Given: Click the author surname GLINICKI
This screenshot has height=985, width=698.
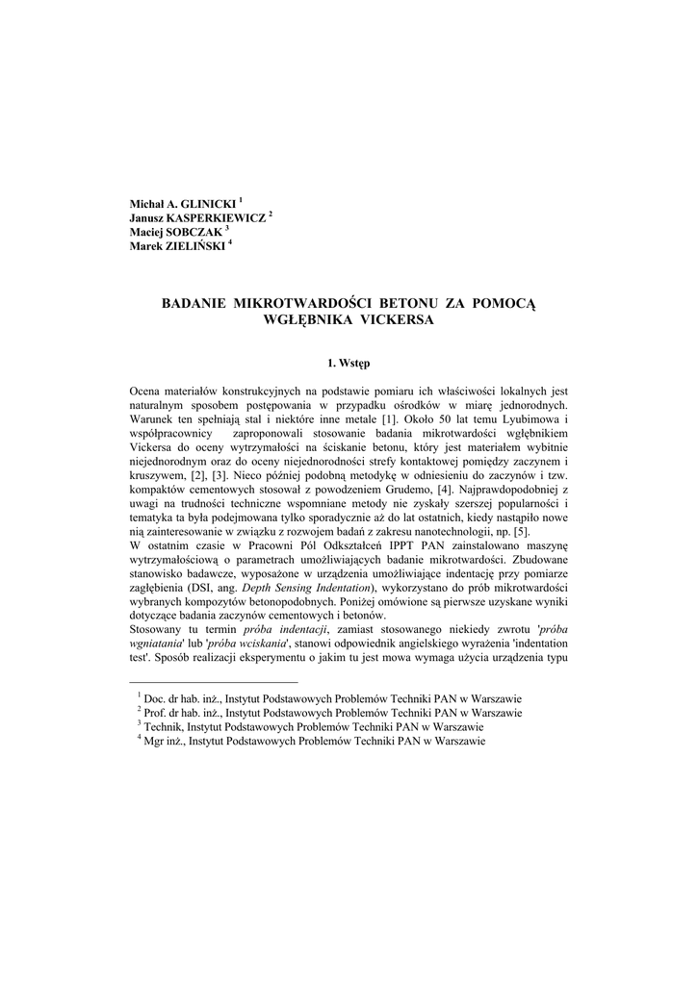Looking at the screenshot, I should click(x=206, y=205).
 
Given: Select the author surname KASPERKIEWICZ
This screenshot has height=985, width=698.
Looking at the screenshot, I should click(x=219, y=218).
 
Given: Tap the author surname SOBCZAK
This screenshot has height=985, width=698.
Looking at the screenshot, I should click(x=197, y=232).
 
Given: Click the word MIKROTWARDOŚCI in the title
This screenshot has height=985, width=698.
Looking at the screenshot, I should click(x=304, y=304).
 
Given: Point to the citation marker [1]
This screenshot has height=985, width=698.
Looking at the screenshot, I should click(x=389, y=419).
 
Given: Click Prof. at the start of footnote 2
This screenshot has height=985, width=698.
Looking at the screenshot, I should click(x=155, y=713).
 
